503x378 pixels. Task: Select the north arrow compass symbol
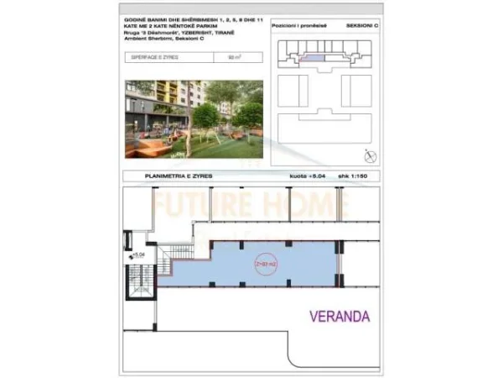(x=371, y=155)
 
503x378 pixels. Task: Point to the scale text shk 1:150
(x=361, y=176)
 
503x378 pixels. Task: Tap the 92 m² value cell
(x=234, y=58)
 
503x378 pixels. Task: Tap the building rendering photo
(x=194, y=118)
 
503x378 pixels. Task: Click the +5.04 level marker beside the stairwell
(x=139, y=252)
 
